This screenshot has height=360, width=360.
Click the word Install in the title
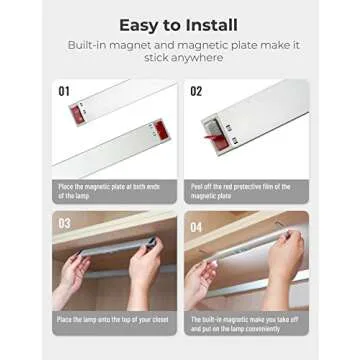coord(214,25)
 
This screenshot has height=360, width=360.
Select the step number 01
coord(65,91)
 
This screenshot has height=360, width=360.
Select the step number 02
coord(195,91)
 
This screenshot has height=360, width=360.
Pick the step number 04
coord(196,222)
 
